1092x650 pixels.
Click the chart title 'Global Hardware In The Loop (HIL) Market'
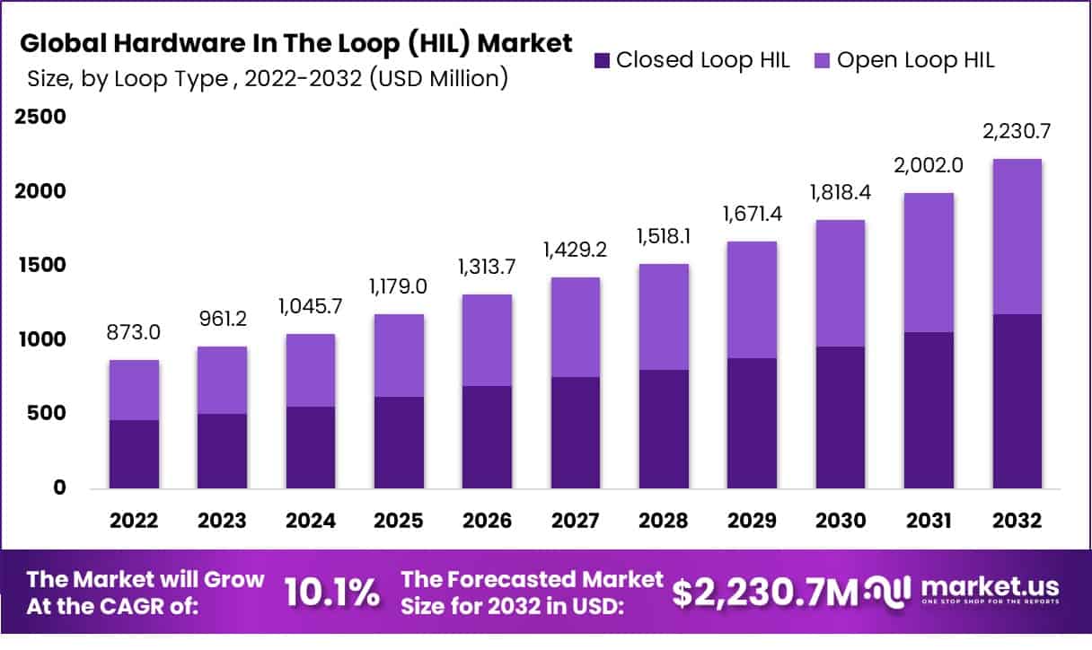tap(296, 43)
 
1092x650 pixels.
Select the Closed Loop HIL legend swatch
tap(601, 60)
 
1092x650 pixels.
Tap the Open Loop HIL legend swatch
tap(822, 60)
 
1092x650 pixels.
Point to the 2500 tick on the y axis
tap(39, 118)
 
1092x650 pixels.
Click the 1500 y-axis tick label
tap(39, 266)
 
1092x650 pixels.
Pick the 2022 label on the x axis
tap(135, 521)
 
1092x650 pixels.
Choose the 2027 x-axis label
tap(576, 521)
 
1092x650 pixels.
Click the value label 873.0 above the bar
tap(135, 333)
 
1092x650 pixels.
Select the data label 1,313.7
tap(488, 267)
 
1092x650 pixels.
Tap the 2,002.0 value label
tap(929, 165)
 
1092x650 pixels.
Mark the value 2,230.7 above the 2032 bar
tap(1017, 131)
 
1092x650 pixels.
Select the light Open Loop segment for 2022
tap(135, 390)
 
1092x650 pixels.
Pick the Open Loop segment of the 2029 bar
tap(752, 300)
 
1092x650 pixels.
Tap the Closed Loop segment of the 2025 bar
tap(400, 443)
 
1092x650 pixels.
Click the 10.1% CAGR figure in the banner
tap(331, 593)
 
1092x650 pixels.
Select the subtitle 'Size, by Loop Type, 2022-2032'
tap(265, 79)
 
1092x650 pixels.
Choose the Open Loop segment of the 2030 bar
tap(841, 283)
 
